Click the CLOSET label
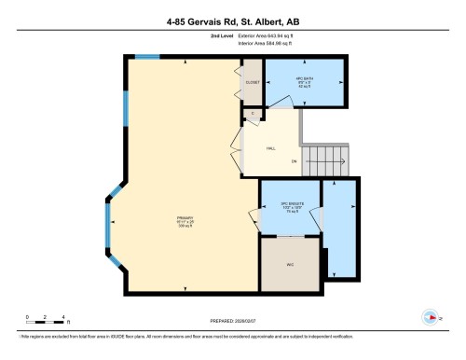(x=252, y=82)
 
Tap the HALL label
(x=271, y=148)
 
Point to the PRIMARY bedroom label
(x=184, y=221)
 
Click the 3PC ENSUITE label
(x=289, y=207)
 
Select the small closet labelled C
(x=253, y=114)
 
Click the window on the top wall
(x=147, y=56)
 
